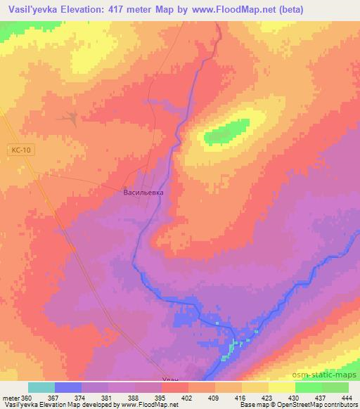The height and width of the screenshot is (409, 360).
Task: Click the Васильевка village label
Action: [143, 191]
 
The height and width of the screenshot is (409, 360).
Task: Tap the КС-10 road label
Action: [22, 150]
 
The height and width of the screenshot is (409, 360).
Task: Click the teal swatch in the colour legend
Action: [41, 387]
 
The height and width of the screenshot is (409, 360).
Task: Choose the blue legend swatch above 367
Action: [68, 387]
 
